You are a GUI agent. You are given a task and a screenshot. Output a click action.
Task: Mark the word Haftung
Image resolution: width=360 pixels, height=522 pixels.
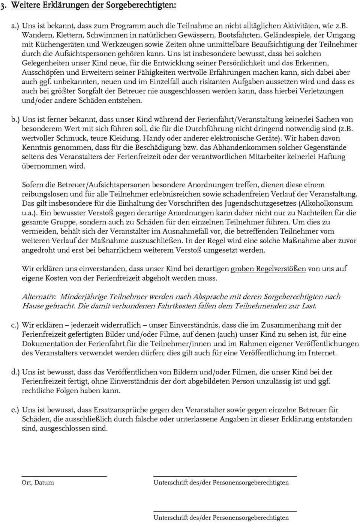coord(331,156)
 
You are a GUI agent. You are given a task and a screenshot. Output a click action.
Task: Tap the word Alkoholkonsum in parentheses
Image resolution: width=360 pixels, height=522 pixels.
coord(326,203)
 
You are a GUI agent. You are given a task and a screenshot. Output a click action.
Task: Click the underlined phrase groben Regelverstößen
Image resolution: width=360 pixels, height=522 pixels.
coord(268,269)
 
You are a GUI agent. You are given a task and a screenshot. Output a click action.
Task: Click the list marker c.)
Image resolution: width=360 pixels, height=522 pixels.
coord(15,325)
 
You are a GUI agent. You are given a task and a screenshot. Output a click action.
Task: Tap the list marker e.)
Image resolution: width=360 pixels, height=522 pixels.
coord(15,410)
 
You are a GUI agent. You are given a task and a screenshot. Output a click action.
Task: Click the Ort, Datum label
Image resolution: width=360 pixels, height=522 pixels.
coord(37,483)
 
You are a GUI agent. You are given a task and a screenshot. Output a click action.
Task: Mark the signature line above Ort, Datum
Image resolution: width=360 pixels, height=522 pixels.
coord(64,476)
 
